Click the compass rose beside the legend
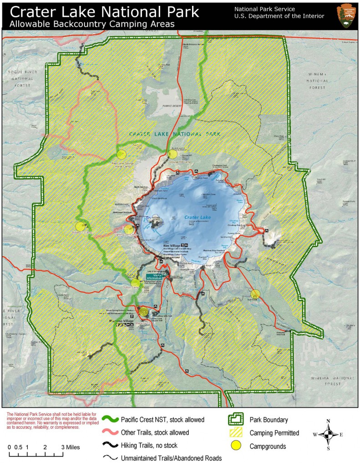point(328,435)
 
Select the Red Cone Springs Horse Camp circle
point(121,155)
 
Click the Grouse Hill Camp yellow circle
point(172,154)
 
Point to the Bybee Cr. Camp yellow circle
point(81,226)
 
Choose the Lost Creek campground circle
point(255,294)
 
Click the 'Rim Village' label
point(173,246)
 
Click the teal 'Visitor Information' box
point(154,276)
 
